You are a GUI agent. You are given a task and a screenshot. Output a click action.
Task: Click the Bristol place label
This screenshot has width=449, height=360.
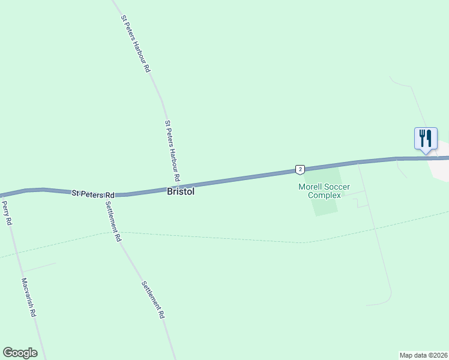click(x=180, y=193)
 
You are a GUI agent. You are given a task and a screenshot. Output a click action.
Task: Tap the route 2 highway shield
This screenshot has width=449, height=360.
click(x=300, y=169)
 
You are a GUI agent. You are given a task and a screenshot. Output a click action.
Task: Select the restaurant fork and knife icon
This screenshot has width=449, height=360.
click(x=426, y=138)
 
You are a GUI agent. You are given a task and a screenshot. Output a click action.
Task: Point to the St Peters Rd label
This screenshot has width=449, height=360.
click(x=93, y=194)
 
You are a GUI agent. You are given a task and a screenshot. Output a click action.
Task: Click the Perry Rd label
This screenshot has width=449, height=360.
click(x=7, y=213)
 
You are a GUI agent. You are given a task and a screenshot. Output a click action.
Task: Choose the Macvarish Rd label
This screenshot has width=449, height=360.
click(x=29, y=297)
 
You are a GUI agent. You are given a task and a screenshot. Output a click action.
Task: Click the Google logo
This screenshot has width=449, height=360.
click(x=20, y=353)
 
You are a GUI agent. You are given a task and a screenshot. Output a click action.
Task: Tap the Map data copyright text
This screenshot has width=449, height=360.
click(x=423, y=355)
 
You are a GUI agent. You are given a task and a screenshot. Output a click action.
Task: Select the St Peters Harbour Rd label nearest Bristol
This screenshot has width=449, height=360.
click(x=172, y=151)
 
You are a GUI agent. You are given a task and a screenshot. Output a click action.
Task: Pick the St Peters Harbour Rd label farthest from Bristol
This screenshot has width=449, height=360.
click(x=135, y=44)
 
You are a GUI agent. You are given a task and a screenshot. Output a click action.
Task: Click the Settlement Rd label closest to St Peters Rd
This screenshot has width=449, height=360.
click(x=113, y=220)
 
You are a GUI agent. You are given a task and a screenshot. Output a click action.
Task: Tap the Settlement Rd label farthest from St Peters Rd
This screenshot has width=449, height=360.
click(x=153, y=299)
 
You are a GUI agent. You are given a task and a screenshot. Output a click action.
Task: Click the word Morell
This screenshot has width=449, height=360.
click(x=311, y=187)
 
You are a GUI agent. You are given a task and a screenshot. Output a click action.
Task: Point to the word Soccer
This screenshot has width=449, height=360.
click(x=337, y=187)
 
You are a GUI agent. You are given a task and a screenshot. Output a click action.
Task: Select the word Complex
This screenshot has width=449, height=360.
click(x=324, y=195)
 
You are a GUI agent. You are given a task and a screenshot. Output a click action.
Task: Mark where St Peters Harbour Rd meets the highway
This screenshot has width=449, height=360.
click(x=181, y=186)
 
